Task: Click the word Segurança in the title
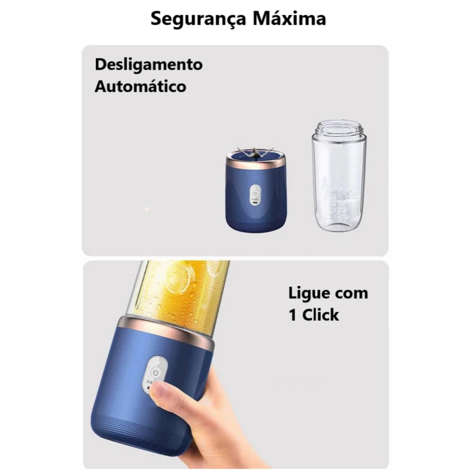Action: (199, 19)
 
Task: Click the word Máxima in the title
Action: (289, 18)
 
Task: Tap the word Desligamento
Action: (149, 65)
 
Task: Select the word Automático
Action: (140, 86)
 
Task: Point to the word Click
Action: (321, 315)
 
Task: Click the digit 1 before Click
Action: (292, 315)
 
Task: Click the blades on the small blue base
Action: (255, 152)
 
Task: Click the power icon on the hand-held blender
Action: (156, 373)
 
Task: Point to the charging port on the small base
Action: (255, 203)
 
